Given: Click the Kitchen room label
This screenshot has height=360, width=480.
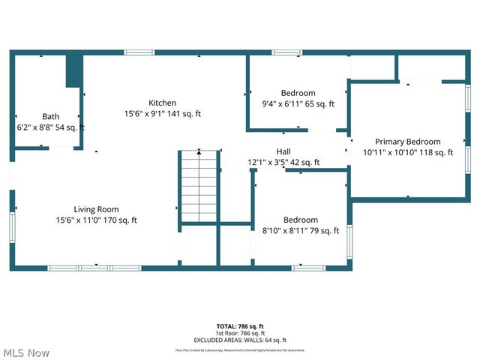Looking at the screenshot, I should click(x=162, y=103).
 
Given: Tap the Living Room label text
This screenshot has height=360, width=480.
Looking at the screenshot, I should click(x=96, y=209).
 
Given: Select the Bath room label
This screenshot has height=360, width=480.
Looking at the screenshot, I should click(x=50, y=116).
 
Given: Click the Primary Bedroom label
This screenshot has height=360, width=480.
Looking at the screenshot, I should click(x=408, y=142).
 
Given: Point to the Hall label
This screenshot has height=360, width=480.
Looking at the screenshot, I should click(x=283, y=151).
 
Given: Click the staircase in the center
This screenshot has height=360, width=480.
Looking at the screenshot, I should click(x=198, y=184).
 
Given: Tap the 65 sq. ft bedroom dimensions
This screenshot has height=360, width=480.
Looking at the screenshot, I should click(x=298, y=104).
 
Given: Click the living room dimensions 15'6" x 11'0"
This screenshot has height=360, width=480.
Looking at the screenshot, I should click(x=96, y=220).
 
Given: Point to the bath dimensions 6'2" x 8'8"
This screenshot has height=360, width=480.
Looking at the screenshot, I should click(x=50, y=127).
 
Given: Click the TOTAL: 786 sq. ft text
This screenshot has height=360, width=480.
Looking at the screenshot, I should click(x=240, y=326).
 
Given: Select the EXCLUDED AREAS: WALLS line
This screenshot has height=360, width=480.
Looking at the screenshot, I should click(x=240, y=340).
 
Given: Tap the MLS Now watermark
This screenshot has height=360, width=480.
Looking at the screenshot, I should click(x=26, y=352).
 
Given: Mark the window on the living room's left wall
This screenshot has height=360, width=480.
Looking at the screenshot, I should click(x=12, y=226).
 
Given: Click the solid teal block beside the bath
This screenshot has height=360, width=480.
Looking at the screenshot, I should click(x=73, y=71).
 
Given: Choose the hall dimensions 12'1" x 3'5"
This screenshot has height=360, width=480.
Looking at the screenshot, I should click(x=283, y=162).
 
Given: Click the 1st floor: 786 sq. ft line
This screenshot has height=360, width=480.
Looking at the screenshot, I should click(x=240, y=333).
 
